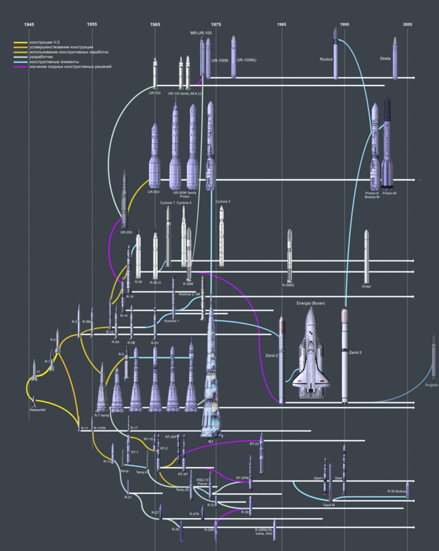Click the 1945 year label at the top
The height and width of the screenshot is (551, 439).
(x=29, y=24)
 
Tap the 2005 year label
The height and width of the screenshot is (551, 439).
(x=408, y=24)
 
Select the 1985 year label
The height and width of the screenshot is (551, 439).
(x=282, y=24)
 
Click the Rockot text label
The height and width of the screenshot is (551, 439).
(x=327, y=60)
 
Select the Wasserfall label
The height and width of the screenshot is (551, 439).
(x=38, y=410)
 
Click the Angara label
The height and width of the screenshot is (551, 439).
(x=431, y=385)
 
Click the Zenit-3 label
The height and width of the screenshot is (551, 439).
(x=356, y=353)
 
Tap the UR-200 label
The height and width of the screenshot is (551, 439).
(x=125, y=232)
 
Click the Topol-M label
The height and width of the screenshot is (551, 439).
(x=329, y=505)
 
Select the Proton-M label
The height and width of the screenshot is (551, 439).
(x=389, y=194)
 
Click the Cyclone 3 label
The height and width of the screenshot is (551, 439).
(x=223, y=201)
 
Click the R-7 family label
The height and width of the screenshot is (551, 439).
(x=102, y=416)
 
